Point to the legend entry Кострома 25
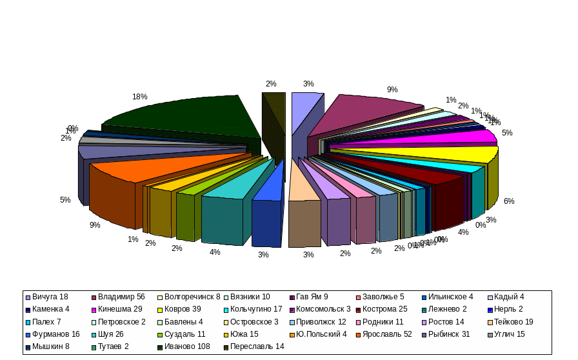click(385, 309)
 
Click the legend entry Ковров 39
click(182, 309)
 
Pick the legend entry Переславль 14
click(257, 346)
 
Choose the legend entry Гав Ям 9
click(312, 297)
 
